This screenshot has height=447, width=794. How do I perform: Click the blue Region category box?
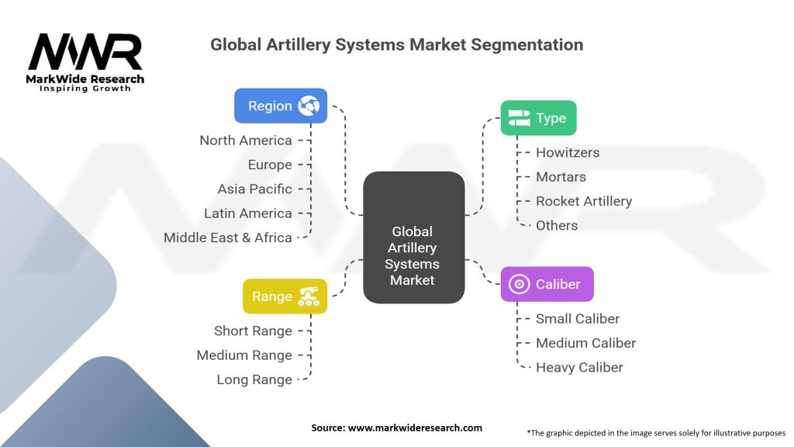point(280,106)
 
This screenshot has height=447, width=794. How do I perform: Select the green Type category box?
point(538,118)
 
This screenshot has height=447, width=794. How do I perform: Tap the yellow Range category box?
point(285,296)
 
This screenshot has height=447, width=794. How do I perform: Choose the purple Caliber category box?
point(547,284)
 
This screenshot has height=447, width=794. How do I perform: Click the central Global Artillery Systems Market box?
point(413,237)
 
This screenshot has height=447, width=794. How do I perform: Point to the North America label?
point(245,140)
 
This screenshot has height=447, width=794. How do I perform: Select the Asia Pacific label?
point(254,189)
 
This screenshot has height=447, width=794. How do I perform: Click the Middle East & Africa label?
point(227,237)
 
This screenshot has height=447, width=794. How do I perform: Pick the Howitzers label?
point(568,152)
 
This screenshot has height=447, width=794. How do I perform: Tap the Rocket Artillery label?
point(584,201)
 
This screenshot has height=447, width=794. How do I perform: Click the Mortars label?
point(561,177)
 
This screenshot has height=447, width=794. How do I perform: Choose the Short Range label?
point(253,331)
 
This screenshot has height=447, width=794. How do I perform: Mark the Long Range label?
point(254,379)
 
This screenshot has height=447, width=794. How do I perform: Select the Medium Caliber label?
point(585,343)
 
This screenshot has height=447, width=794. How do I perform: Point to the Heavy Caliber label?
point(579,367)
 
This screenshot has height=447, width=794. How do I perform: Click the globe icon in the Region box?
point(309,106)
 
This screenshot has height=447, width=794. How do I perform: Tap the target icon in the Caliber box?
point(519,284)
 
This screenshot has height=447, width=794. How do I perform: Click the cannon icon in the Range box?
point(309,296)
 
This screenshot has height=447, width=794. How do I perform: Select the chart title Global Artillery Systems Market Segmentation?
point(396,44)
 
